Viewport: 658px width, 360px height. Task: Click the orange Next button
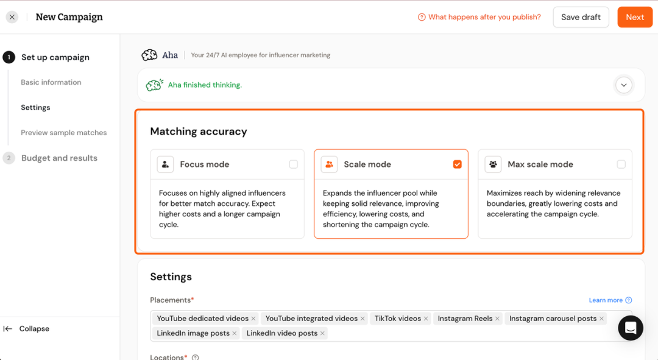point(634,17)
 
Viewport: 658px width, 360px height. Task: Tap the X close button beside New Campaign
point(12,17)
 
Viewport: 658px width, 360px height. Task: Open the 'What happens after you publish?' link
point(479,17)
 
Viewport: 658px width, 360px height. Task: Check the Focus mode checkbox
point(293,164)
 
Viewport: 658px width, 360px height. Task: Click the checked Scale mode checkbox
point(458,164)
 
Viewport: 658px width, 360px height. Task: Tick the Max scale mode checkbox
point(621,164)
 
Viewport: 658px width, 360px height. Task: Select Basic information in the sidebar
point(51,82)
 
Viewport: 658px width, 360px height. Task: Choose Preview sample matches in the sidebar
point(64,133)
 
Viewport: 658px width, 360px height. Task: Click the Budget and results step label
point(59,158)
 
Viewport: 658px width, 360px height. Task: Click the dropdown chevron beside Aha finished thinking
point(624,85)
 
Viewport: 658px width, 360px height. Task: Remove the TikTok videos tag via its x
point(426,319)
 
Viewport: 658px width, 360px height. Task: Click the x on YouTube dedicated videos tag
point(253,319)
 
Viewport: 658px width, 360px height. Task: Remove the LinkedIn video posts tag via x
point(322,333)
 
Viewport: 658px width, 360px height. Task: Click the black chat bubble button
point(631,328)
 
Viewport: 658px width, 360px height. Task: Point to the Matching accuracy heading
point(199,132)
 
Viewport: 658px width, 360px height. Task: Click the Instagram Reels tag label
point(465,319)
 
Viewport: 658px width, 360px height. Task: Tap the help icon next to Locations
point(195,358)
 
